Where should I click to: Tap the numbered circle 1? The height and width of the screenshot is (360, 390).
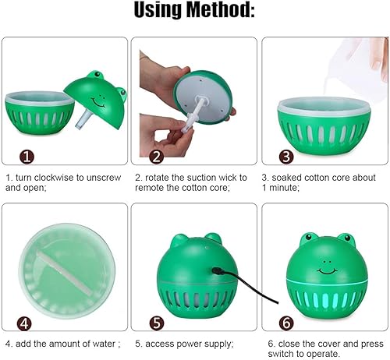click(x=27, y=157)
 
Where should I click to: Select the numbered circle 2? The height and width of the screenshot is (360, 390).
click(x=157, y=157)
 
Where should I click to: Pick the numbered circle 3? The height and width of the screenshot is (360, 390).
click(x=285, y=157)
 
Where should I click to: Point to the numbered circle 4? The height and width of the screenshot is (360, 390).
click(x=27, y=323)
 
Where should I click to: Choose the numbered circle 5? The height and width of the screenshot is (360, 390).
click(x=157, y=323)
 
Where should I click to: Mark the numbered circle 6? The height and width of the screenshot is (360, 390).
click(x=285, y=323)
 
